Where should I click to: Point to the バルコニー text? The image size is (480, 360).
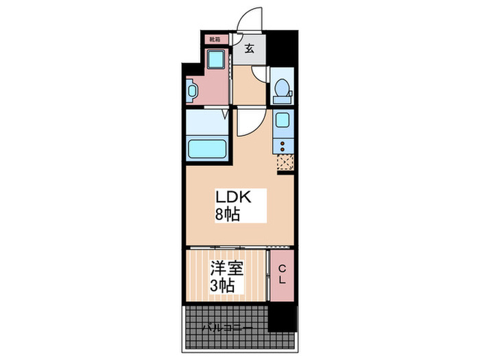click(x=226, y=328)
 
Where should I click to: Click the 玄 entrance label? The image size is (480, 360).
click(x=250, y=49)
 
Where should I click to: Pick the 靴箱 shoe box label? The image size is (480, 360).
click(x=215, y=40)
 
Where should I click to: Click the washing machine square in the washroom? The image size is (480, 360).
click(x=217, y=60)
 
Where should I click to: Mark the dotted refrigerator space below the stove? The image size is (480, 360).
click(x=285, y=163)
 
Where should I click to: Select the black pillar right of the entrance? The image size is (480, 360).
click(x=282, y=48)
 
